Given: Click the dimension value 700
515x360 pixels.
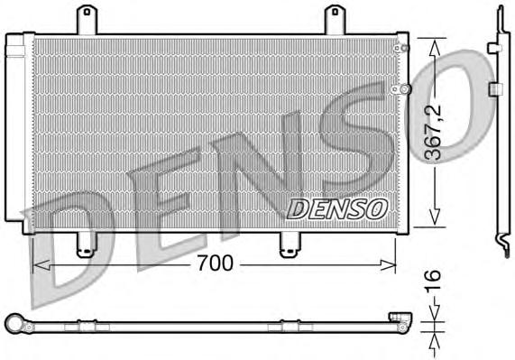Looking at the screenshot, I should click(x=216, y=263).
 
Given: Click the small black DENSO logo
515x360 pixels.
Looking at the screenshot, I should click(x=336, y=208).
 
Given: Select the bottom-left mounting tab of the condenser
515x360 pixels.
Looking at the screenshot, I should click(x=86, y=243).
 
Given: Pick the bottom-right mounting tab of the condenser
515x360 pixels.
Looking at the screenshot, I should click(x=290, y=243).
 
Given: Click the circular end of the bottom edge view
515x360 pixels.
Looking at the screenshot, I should click(x=14, y=321).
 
